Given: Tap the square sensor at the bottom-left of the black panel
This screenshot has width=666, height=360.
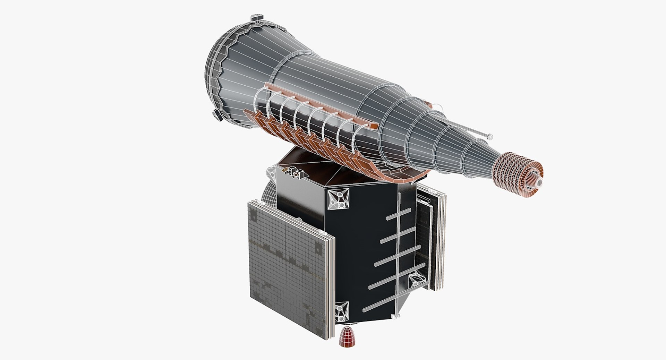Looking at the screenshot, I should (x=342, y=311).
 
